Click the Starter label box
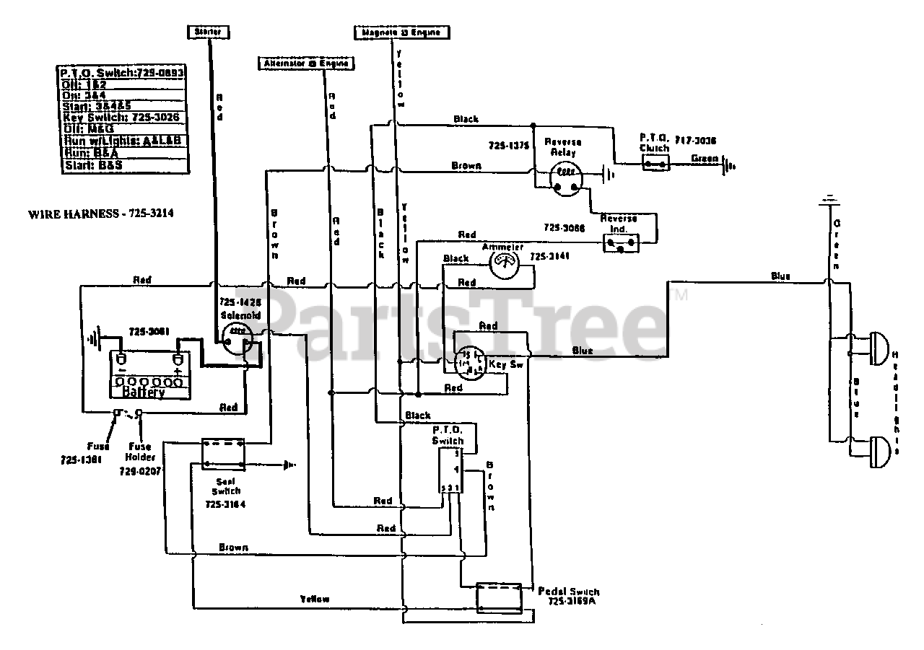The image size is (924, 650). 209,32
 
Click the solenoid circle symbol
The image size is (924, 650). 237,336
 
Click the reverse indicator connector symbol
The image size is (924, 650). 621,244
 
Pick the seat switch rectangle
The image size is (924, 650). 222,452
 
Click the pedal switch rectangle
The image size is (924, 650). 499,597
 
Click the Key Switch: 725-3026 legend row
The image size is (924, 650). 122,118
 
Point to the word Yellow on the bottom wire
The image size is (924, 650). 315,599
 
